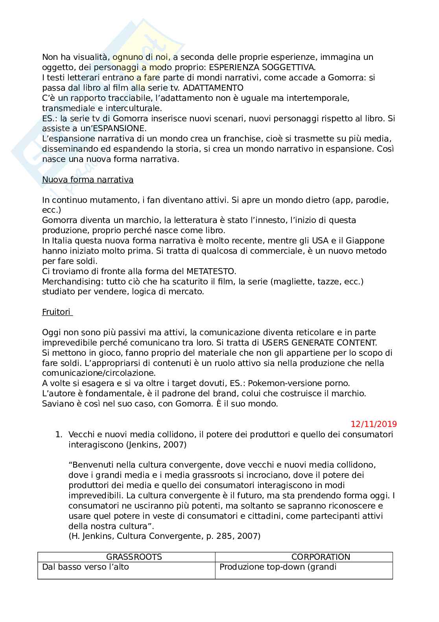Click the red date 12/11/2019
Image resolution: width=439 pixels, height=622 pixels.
(x=374, y=424)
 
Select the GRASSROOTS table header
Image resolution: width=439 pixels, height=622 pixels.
(x=134, y=557)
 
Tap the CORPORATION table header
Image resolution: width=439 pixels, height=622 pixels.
(x=321, y=557)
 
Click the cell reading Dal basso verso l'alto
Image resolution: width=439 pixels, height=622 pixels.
(x=85, y=567)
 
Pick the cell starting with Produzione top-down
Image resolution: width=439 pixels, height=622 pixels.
(x=278, y=567)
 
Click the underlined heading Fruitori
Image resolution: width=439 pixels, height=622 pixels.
(x=57, y=312)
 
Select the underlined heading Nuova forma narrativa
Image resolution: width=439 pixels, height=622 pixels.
(x=88, y=180)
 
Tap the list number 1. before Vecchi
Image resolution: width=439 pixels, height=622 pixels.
(x=59, y=434)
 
